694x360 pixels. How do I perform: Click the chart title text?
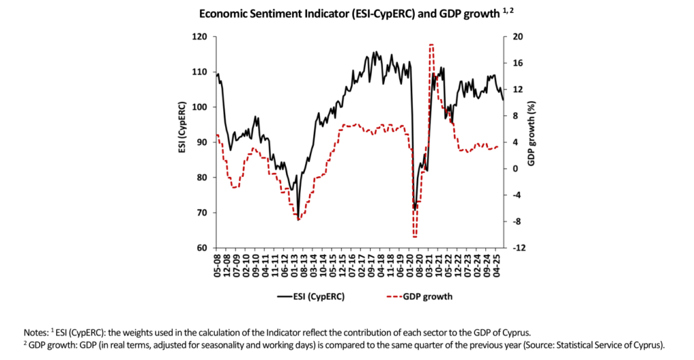pyautogui.click(x=346, y=13)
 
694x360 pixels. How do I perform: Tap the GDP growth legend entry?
pyautogui.click(x=418, y=296)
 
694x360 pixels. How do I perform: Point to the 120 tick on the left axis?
pyautogui.click(x=200, y=37)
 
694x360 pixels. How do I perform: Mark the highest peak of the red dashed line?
pyautogui.click(x=431, y=45)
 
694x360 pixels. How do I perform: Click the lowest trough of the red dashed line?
pyautogui.click(x=414, y=237)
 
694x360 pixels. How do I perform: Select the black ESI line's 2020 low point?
pyautogui.click(x=414, y=209)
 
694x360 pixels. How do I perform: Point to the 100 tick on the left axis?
pyautogui.click(x=200, y=107)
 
